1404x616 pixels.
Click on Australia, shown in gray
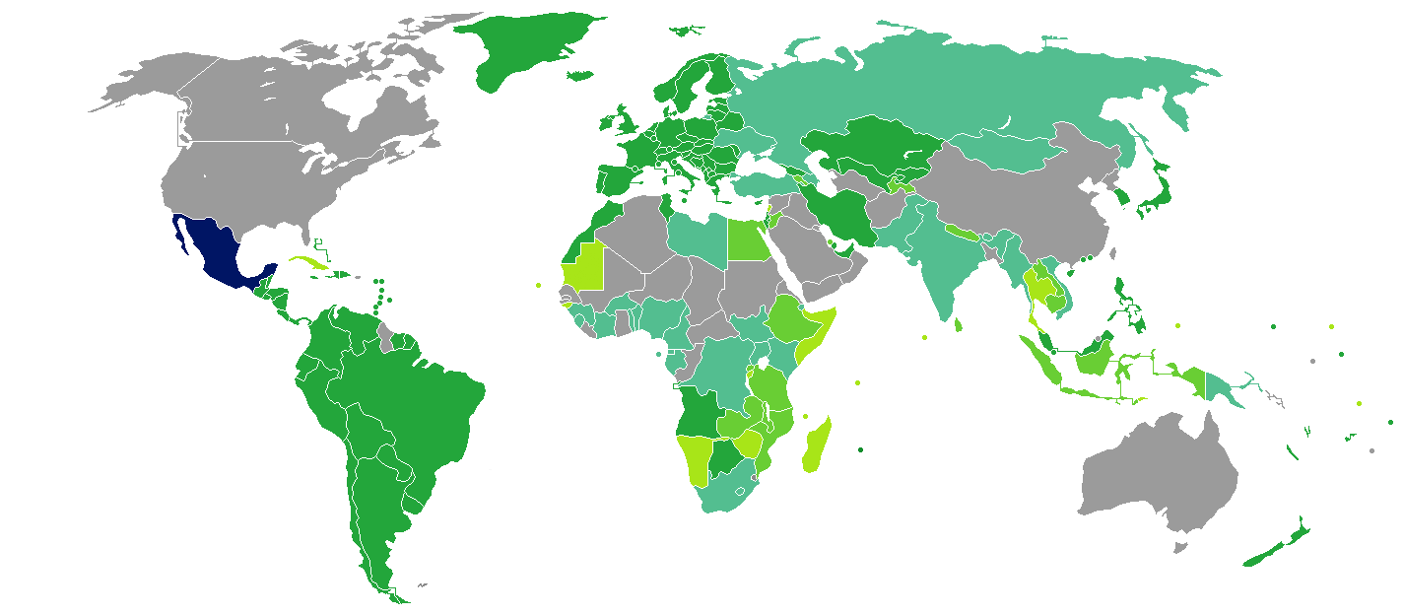point(1158,473)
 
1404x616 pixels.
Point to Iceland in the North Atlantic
point(582,75)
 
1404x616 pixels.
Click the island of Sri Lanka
point(959,323)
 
